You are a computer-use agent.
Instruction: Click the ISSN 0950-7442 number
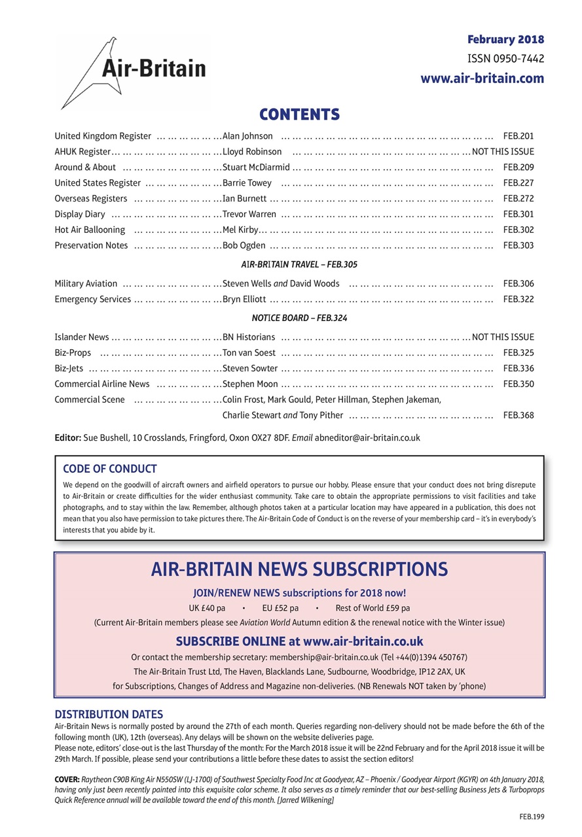tap(505, 59)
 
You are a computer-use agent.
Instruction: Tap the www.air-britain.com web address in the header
tap(482, 78)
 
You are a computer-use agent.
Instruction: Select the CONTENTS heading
tap(299, 115)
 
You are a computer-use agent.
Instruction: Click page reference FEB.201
tap(518, 136)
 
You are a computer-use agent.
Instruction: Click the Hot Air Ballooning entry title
tap(90, 230)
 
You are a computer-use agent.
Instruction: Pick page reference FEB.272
tap(518, 199)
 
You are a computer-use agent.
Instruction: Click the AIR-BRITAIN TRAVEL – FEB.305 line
tap(299, 265)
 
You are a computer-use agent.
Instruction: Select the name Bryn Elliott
tap(244, 299)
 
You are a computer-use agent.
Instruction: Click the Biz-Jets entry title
tap(69, 369)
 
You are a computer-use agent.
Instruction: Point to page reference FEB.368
tap(518, 415)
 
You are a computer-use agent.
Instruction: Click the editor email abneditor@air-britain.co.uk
tap(367, 437)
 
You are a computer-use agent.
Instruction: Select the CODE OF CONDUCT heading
tap(109, 469)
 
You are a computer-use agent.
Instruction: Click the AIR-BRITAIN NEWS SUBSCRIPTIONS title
tap(299, 569)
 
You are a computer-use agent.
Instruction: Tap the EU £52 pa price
tap(280, 607)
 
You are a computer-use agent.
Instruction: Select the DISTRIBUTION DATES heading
tap(109, 714)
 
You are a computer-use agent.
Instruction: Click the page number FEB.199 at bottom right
tap(532, 817)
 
